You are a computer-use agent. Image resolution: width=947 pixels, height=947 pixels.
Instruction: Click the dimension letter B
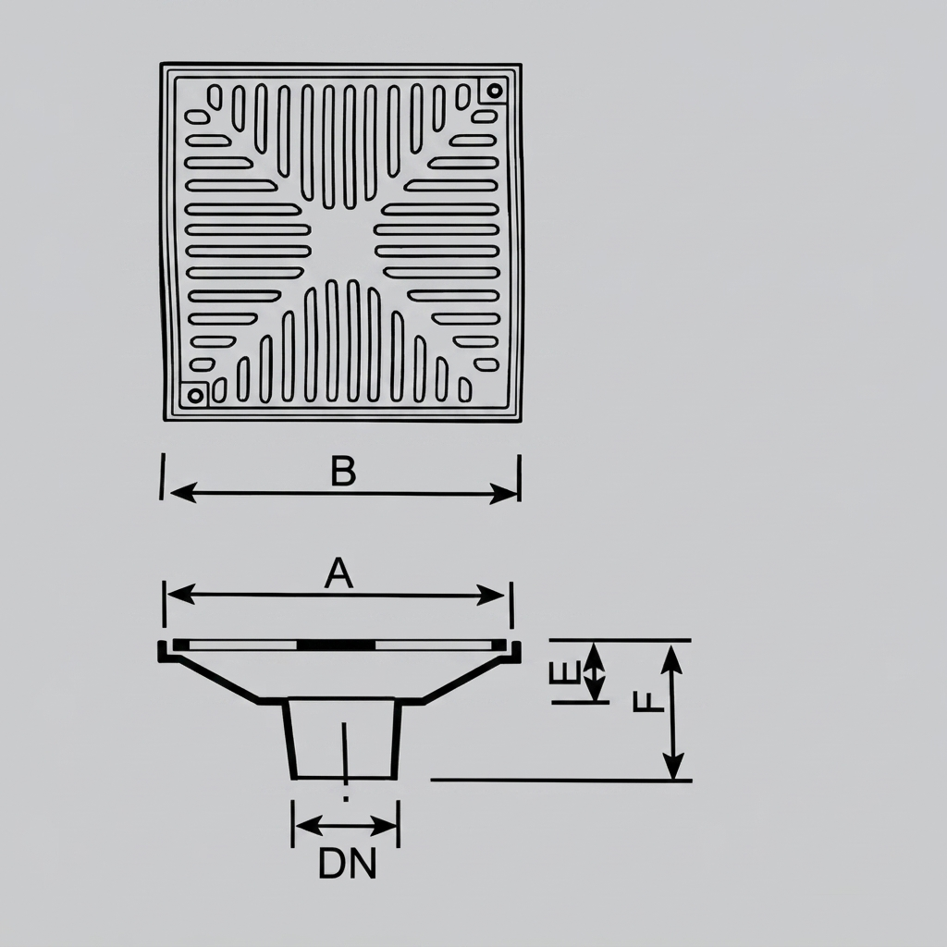pyautogui.click(x=343, y=471)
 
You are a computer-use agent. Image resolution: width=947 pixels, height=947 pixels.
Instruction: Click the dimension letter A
pyautogui.click(x=338, y=573)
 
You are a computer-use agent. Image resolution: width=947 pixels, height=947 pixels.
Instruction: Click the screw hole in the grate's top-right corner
pyautogui.click(x=495, y=92)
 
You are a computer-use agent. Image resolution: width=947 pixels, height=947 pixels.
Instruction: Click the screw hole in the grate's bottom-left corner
pyautogui.click(x=194, y=396)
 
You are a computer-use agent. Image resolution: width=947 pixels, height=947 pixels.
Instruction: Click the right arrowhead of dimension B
pyautogui.click(x=503, y=494)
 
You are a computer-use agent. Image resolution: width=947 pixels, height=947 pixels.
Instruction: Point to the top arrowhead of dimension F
pyautogui.click(x=672, y=658)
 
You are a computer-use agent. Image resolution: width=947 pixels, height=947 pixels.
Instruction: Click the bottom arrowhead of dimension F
pyautogui.click(x=673, y=765)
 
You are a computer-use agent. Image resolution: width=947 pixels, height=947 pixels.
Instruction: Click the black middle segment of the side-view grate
pyautogui.click(x=337, y=645)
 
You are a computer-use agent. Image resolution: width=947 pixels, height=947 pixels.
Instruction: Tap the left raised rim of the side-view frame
pyautogui.click(x=162, y=652)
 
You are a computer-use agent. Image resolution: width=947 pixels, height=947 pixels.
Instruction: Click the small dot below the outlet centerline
pyautogui.click(x=346, y=799)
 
